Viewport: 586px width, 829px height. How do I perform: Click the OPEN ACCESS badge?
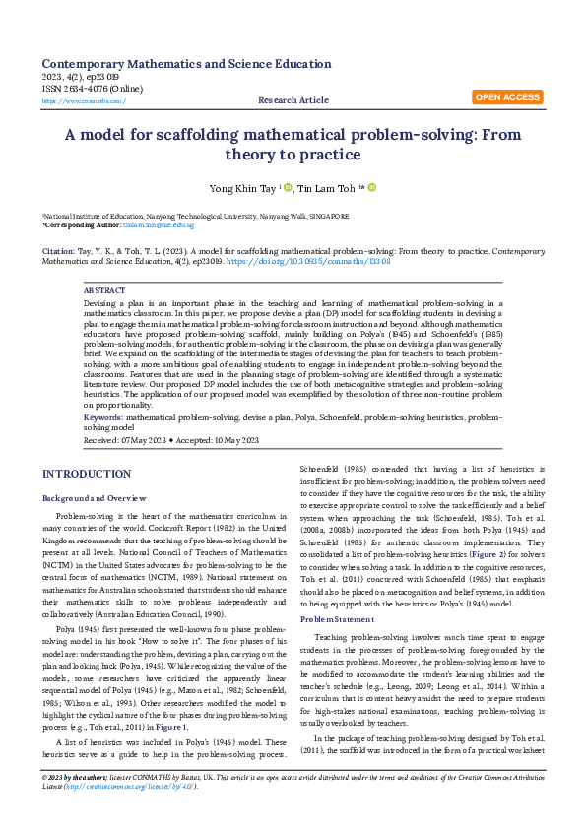(x=507, y=97)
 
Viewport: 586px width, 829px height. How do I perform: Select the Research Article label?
(x=293, y=100)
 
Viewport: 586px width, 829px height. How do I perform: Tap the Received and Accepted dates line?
(x=171, y=440)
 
